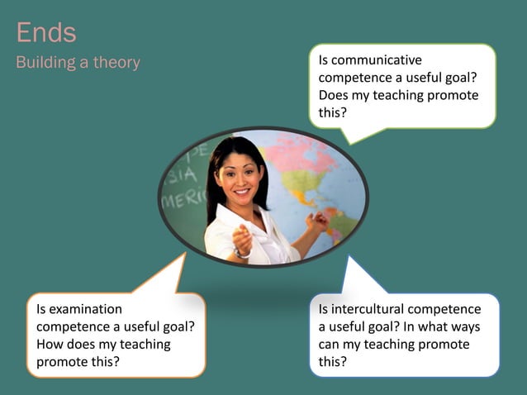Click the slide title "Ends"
[x=46, y=32]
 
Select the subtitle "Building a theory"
[x=78, y=63]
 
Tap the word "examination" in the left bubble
[x=78, y=309]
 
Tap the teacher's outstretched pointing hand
[x=242, y=239]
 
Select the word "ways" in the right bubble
[x=464, y=326]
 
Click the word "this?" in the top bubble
[x=333, y=112]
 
